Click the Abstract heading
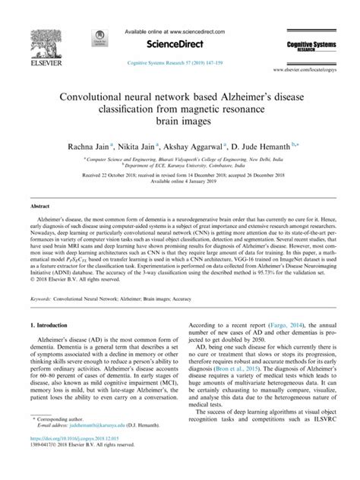point(40,207)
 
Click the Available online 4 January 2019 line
point(180,181)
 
